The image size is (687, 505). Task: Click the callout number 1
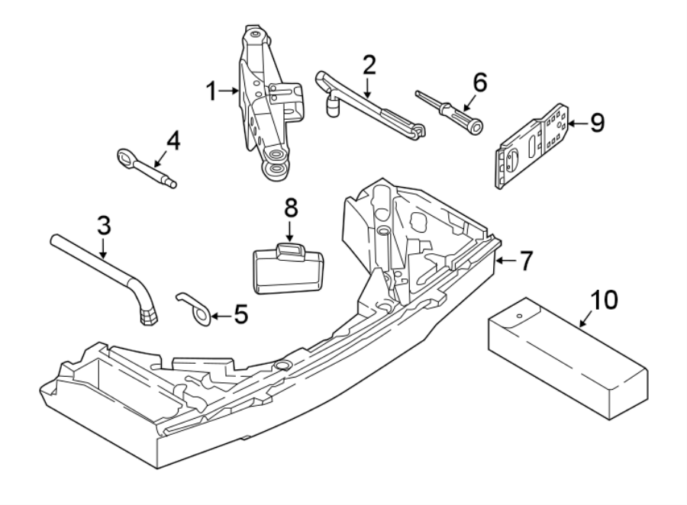tap(212, 92)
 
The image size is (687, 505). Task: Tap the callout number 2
tap(369, 65)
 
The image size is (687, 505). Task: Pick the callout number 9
tap(597, 122)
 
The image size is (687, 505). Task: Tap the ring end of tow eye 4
tap(124, 157)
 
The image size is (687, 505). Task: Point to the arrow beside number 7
tap(503, 262)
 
